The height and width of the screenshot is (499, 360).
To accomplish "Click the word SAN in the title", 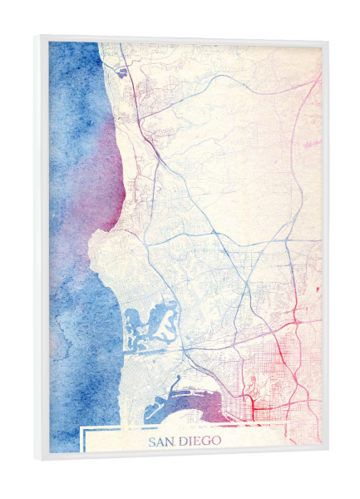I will pyautogui.click(x=161, y=442).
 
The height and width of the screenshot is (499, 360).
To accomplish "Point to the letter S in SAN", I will pyautogui.click(x=152, y=442).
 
